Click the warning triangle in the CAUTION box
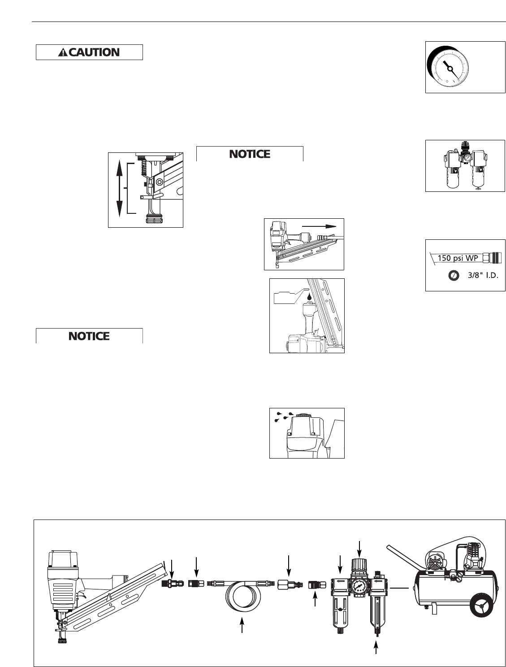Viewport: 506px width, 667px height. (x=63, y=52)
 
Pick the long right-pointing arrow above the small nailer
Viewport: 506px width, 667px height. (x=319, y=226)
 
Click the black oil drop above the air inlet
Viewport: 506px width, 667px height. (x=308, y=296)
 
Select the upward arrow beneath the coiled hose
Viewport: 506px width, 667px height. (x=242, y=625)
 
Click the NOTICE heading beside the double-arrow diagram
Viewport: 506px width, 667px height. (x=250, y=154)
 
